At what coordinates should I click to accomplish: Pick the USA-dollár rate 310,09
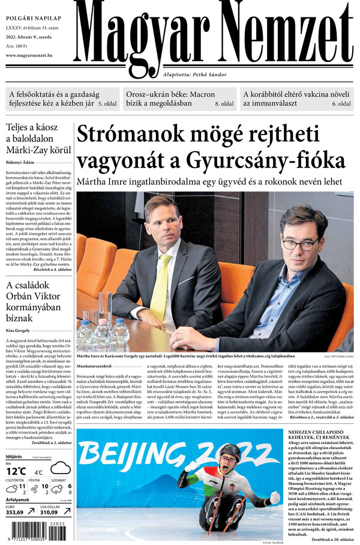[53, 512]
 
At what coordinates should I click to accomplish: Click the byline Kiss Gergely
[19, 330]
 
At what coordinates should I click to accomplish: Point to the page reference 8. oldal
[224, 104]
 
